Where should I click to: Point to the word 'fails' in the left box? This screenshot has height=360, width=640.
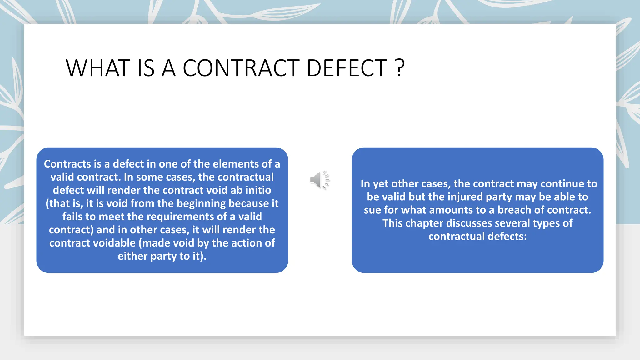72,217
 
